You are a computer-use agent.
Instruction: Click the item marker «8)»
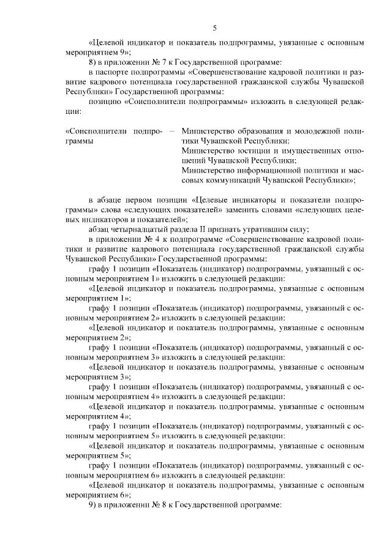coord(93,62)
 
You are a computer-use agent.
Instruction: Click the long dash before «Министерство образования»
coord(171,130)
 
